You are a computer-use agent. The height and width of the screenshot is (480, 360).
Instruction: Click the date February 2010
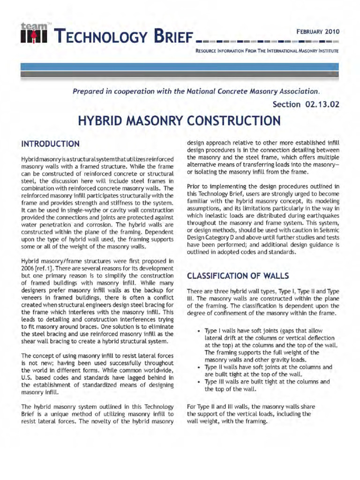[317, 32]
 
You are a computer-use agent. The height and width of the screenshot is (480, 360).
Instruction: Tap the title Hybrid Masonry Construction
[180, 121]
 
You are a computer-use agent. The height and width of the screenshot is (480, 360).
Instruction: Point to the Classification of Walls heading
[238, 275]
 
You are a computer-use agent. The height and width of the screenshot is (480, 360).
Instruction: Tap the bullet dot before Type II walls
[200, 367]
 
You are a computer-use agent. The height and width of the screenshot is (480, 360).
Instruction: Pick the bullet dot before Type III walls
[200, 382]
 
